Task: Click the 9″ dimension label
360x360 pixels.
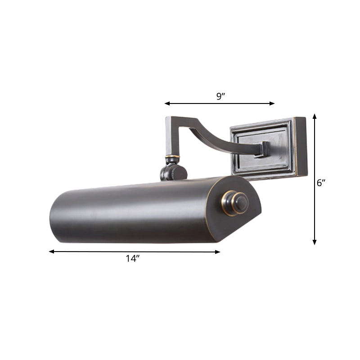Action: point(220,96)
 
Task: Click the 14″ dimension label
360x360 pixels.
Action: point(133,258)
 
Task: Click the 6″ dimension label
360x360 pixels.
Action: point(320,183)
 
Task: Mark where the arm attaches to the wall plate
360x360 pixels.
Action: point(263,149)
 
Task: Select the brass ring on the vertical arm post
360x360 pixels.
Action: point(172,157)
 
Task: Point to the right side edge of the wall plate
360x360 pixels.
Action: point(301,146)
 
